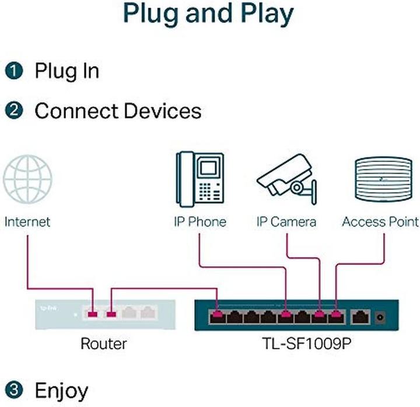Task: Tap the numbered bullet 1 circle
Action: click(x=14, y=71)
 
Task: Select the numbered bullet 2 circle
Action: click(x=14, y=110)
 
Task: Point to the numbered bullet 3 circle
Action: click(x=14, y=390)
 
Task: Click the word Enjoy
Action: click(x=62, y=390)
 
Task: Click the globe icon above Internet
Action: click(x=27, y=178)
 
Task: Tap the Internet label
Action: click(x=27, y=222)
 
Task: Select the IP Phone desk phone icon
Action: click(x=199, y=178)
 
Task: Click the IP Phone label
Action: click(x=199, y=222)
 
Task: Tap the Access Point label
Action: click(x=380, y=222)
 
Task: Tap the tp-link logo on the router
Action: click(x=44, y=308)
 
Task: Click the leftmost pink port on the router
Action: click(x=92, y=315)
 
